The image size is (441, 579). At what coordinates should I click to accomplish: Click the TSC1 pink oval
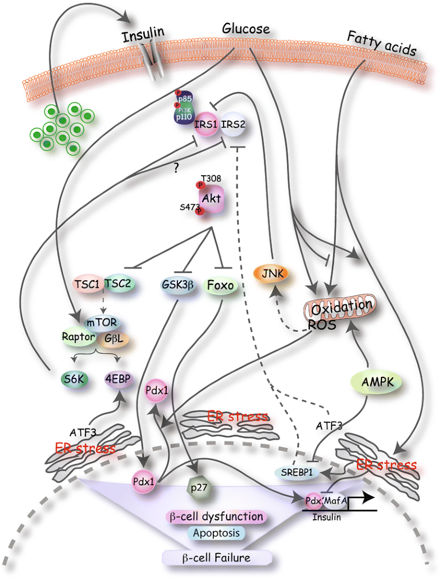[88, 283]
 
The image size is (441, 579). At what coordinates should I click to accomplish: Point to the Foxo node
[220, 285]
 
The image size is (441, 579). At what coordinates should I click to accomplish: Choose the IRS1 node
[206, 123]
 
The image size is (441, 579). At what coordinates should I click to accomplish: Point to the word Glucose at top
[246, 29]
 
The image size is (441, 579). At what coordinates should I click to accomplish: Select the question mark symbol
[176, 166]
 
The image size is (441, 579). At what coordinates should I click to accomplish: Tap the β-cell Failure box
[217, 558]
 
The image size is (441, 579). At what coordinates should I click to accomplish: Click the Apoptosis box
[216, 532]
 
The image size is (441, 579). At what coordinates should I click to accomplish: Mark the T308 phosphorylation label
[212, 178]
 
